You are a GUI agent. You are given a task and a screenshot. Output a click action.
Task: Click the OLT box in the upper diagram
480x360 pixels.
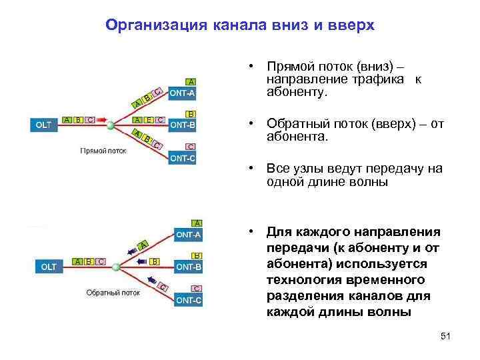pyautogui.click(x=43, y=125)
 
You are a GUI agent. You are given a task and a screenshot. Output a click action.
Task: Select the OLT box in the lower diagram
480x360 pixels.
pyautogui.click(x=49, y=267)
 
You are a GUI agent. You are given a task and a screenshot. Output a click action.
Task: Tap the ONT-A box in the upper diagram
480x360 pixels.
pyautogui.click(x=183, y=93)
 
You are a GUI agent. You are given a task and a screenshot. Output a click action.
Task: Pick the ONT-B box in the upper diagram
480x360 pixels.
pyautogui.click(x=183, y=124)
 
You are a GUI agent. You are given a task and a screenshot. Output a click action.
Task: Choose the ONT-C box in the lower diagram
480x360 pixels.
pyautogui.click(x=189, y=301)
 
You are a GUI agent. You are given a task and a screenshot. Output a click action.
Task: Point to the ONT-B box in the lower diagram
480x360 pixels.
pyautogui.click(x=189, y=266)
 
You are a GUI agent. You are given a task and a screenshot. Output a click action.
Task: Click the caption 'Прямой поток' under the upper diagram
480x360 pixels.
pyautogui.click(x=103, y=151)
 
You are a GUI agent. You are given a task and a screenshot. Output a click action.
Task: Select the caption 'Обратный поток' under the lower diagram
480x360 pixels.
pyautogui.click(x=113, y=292)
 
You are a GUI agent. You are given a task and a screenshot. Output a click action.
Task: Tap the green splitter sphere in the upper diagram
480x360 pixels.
pyautogui.click(x=111, y=124)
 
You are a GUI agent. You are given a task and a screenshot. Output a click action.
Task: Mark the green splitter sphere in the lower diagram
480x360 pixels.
pyautogui.click(x=117, y=267)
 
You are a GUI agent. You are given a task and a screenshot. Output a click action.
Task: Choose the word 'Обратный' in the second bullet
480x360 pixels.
pyautogui.click(x=296, y=123)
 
